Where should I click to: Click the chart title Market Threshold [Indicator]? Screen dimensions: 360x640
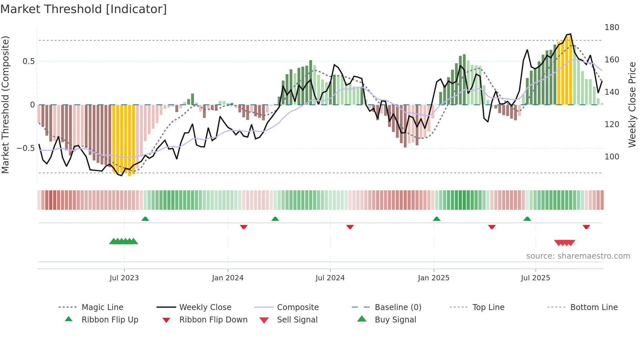click(x=84, y=9)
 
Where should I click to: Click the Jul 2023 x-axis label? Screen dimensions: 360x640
click(x=124, y=278)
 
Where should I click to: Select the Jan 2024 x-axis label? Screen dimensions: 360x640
click(x=228, y=278)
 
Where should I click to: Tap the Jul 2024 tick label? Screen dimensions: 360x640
click(x=330, y=278)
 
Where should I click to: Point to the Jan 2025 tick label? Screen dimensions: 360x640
click(x=434, y=278)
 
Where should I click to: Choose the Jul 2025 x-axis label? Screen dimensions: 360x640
click(x=536, y=278)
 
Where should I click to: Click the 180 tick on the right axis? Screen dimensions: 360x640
click(x=612, y=27)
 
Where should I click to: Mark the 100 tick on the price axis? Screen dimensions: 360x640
click(x=612, y=157)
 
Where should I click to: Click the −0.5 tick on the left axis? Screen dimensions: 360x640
click(x=26, y=148)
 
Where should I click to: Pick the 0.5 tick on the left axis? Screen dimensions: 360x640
click(x=29, y=61)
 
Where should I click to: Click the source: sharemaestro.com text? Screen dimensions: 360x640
click(x=578, y=256)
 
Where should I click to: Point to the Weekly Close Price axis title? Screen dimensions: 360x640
click(x=632, y=105)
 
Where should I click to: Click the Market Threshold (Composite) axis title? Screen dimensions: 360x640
click(x=5, y=105)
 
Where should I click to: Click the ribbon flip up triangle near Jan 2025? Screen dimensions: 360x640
click(x=437, y=219)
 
